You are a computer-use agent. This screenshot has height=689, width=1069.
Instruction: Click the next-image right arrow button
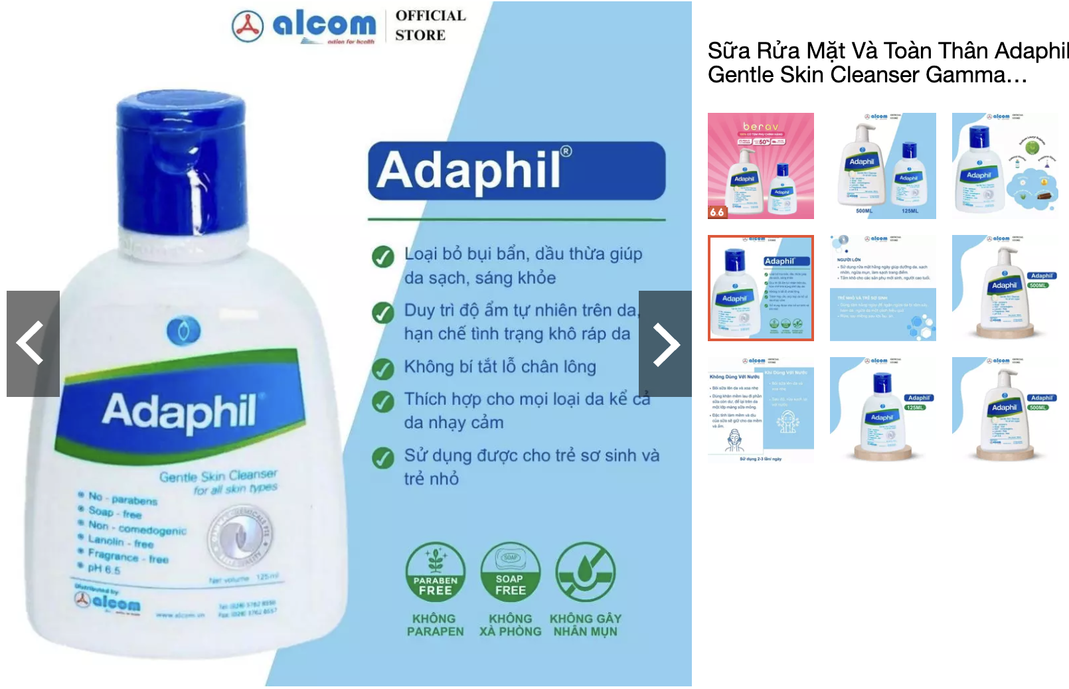pos(665,344)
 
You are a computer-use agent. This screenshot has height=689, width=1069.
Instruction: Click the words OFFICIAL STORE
pos(430,25)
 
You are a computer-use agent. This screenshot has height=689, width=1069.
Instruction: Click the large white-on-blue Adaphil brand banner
pos(516,171)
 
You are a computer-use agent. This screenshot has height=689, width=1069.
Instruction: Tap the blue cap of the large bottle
pos(181,166)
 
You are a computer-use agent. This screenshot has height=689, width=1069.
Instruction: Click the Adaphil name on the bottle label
pos(179,412)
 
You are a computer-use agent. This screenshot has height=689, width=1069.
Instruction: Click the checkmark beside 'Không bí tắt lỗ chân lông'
pos(382,368)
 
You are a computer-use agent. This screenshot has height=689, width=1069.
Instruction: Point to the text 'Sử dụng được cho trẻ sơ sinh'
pos(531,455)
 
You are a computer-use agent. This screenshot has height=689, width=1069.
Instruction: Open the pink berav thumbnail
pos(760,166)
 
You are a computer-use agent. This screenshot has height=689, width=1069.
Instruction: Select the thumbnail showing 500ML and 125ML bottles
pos(882,166)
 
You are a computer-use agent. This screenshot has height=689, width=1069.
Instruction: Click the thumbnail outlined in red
pos(760,288)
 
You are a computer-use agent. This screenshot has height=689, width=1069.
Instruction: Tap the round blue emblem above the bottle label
pos(183,331)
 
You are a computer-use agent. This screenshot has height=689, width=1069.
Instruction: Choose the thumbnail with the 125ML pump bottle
pos(882,410)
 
